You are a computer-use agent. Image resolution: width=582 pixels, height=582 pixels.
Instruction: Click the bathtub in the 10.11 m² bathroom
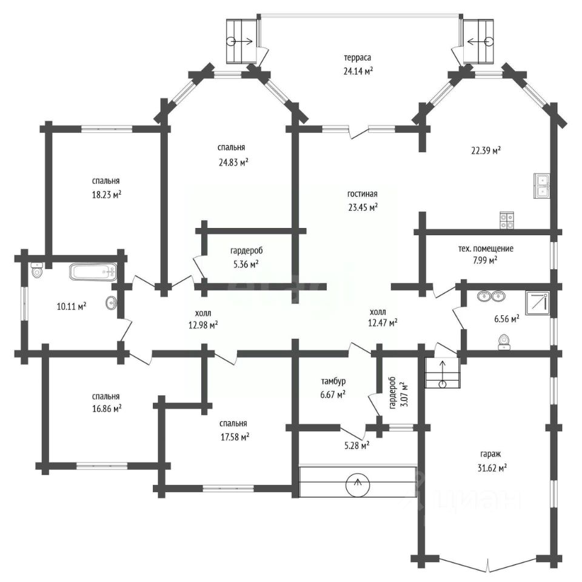coord(93,272)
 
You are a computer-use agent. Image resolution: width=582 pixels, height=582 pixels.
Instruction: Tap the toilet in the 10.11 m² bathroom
coord(37,270)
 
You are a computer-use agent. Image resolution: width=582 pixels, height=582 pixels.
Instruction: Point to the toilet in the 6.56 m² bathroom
coord(504,342)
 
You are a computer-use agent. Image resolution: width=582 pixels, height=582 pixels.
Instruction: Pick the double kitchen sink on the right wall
coord(542,186)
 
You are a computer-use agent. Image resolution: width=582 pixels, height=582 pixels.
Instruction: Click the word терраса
coord(358,58)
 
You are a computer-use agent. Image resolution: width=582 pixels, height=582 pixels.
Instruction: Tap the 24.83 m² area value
coord(233,162)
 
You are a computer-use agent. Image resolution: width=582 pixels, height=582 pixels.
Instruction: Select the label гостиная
coord(363,194)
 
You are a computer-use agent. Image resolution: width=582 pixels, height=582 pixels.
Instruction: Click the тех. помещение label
coord(486,249)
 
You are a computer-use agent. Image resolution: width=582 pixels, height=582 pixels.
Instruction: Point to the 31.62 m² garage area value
coord(492,468)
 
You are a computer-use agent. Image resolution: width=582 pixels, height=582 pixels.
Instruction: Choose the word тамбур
coord(333,381)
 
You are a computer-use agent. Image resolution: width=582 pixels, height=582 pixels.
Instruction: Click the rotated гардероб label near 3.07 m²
coord(393,393)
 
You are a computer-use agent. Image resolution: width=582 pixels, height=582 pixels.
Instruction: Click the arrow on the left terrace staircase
coord(241,41)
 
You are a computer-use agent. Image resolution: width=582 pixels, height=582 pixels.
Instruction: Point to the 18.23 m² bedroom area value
coord(107,195)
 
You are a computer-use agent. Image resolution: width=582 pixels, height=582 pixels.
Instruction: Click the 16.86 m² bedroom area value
coord(107,409)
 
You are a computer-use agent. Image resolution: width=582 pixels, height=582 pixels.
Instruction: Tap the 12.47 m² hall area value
coord(383,323)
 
